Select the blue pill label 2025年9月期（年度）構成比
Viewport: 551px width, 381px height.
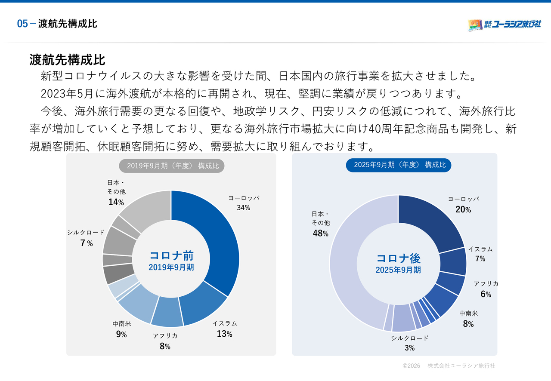point(399,165)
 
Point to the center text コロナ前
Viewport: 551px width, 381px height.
point(171,255)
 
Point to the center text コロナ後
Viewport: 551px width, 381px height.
point(398,258)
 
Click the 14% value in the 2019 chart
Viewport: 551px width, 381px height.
point(116,202)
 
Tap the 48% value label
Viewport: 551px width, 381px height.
point(321,233)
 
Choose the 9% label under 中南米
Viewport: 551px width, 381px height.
point(121,334)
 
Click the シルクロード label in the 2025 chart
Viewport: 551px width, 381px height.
point(410,338)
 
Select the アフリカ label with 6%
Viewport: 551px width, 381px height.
point(486,284)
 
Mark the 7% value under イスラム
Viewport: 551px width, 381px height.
point(480,258)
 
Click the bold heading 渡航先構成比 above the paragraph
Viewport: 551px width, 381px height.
point(68,59)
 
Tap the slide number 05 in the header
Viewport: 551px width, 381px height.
point(22,24)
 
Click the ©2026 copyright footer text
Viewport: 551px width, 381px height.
point(411,366)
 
